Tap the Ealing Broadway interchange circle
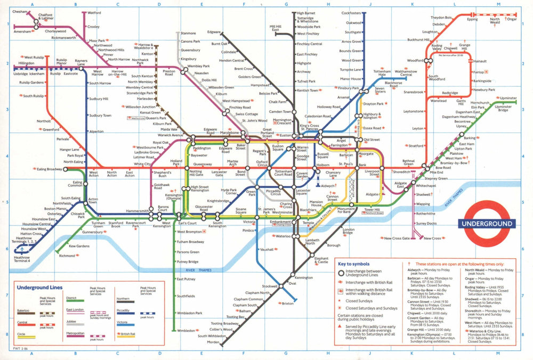(x=66, y=169)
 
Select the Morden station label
(x=213, y=342)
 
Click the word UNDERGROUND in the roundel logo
(x=488, y=224)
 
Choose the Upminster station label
(x=507, y=99)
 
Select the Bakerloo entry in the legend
(x=23, y=310)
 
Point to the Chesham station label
(x=20, y=12)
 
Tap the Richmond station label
(x=67, y=256)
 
